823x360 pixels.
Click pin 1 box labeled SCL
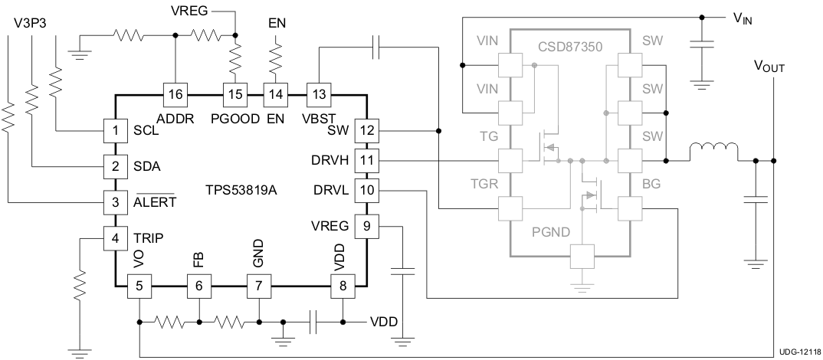115,130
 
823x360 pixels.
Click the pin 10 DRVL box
368,189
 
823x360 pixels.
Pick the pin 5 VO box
139,286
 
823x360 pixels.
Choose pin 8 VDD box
343,286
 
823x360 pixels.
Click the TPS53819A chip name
241,189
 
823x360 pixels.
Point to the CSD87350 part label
570,47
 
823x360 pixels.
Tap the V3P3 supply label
30,23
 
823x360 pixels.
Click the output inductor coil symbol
713,152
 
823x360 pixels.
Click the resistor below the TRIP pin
80,285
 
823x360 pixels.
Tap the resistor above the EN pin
276,56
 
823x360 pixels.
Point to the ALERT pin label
155,202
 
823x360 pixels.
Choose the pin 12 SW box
368,130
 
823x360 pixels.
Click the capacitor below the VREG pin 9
403,270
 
